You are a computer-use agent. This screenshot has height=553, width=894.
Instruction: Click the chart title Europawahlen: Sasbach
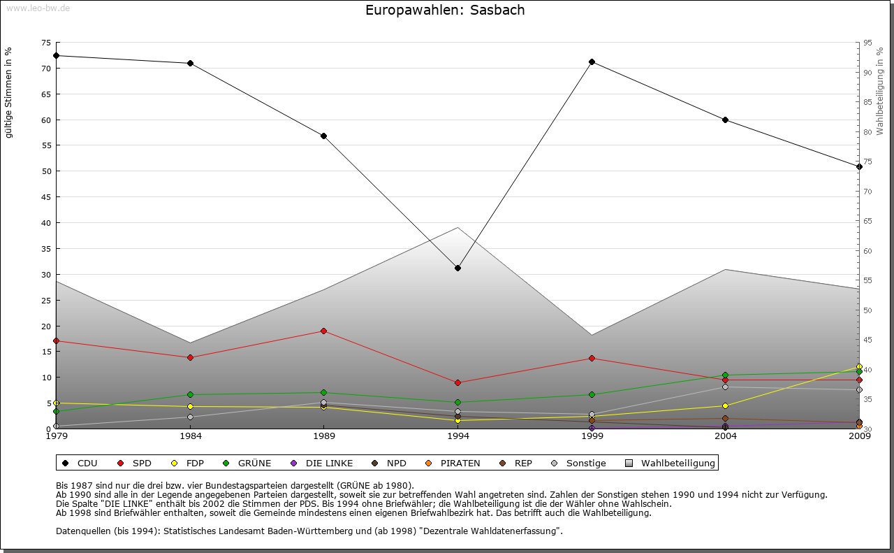tap(445, 10)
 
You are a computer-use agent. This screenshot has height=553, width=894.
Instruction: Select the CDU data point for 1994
tap(457, 268)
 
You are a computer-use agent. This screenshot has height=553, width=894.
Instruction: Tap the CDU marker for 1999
tap(592, 62)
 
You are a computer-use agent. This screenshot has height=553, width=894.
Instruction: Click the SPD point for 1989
tap(323, 331)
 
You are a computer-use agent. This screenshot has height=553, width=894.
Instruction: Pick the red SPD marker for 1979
tap(56, 340)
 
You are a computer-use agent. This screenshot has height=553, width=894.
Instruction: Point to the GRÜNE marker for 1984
tap(190, 394)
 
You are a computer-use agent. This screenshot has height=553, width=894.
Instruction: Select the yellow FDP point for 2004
tap(726, 405)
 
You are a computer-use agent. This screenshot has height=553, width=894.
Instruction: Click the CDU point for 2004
tap(726, 120)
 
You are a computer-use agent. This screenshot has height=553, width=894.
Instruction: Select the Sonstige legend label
tap(585, 463)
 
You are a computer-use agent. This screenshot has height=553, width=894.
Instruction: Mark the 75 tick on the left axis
tap(46, 43)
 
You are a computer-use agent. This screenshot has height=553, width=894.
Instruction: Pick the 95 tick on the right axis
tap(867, 43)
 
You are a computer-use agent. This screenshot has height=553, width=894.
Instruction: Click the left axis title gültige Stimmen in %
tap(9, 93)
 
